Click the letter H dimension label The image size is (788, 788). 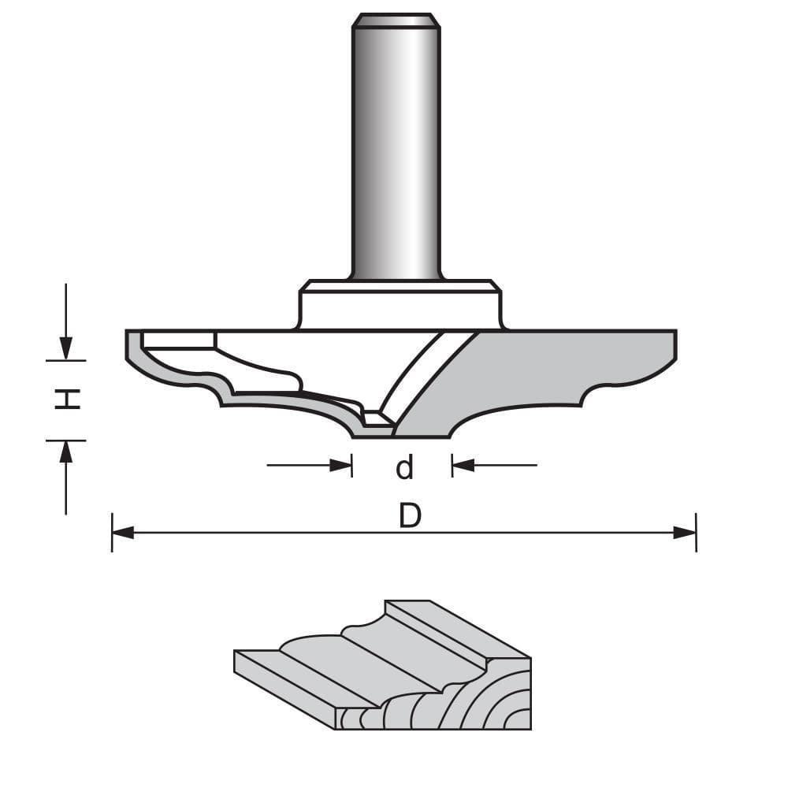pyautogui.click(x=70, y=400)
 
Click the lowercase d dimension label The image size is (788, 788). pyautogui.click(x=404, y=468)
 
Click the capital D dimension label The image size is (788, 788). pyautogui.click(x=410, y=517)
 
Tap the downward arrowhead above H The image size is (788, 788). pyautogui.click(x=66, y=348)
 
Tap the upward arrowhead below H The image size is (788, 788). pyautogui.click(x=66, y=452)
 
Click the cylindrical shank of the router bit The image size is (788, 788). pyautogui.click(x=395, y=158)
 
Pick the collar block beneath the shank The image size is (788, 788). pyautogui.click(x=399, y=307)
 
